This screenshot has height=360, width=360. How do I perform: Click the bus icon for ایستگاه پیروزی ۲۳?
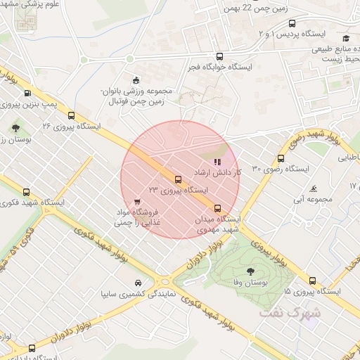pyautogui.click(x=177, y=179)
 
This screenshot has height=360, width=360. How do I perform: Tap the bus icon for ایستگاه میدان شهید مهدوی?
pyautogui.click(x=217, y=207)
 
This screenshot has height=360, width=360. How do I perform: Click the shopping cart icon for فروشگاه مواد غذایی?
pyautogui.click(x=136, y=202)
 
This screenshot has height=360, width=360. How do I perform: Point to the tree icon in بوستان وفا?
pyautogui.click(x=251, y=271)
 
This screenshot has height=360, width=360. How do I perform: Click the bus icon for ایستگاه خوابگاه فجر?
pyautogui.click(x=220, y=57)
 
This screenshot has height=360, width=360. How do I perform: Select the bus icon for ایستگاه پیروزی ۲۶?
pyautogui.click(x=71, y=115)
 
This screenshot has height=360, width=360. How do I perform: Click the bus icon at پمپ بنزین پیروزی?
pyautogui.click(x=27, y=93)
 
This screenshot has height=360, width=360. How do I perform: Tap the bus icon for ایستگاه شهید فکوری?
pyautogui.click(x=27, y=192)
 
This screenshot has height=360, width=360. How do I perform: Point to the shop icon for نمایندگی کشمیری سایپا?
pyautogui.click(x=136, y=284)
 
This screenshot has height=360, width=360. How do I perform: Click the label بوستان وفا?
pyautogui.click(x=251, y=283)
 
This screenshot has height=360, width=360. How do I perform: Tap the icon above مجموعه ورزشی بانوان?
pyautogui.click(x=135, y=79)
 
